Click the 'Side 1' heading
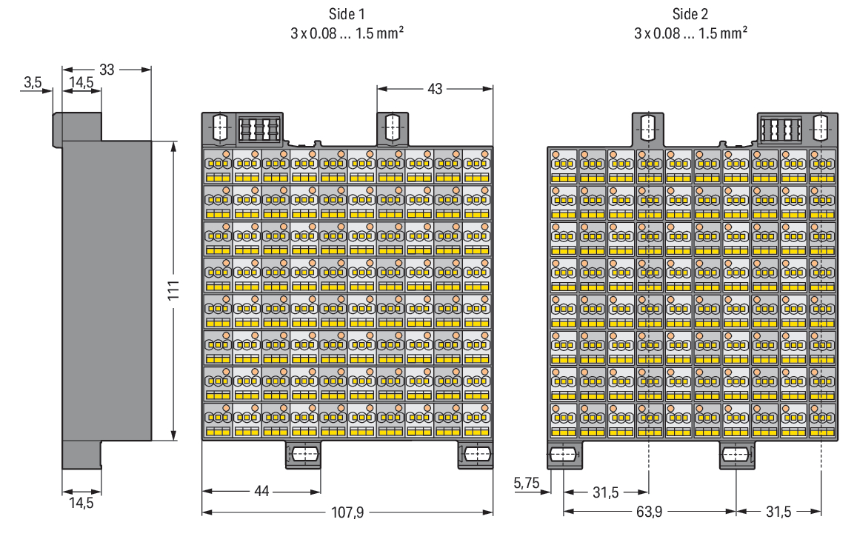pos(347,13)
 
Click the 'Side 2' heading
pos(690,13)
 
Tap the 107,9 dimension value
pos(347,512)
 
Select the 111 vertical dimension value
pos(173,290)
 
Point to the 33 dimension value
pos(107,70)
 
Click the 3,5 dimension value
pos(33,82)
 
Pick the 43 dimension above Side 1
pos(435,89)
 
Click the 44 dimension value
pos(261,491)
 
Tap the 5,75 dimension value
pos(527,483)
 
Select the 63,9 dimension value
pos(649,512)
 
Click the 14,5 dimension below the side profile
pos(81,503)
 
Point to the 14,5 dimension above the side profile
pos(81,82)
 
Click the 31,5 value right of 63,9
pos(778,512)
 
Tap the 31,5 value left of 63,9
pos(606,492)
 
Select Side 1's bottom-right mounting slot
pos(476,454)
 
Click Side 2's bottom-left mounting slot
pos(564,455)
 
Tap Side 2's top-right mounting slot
pos(821,128)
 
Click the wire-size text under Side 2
pos(690,33)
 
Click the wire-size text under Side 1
pos(347,33)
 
